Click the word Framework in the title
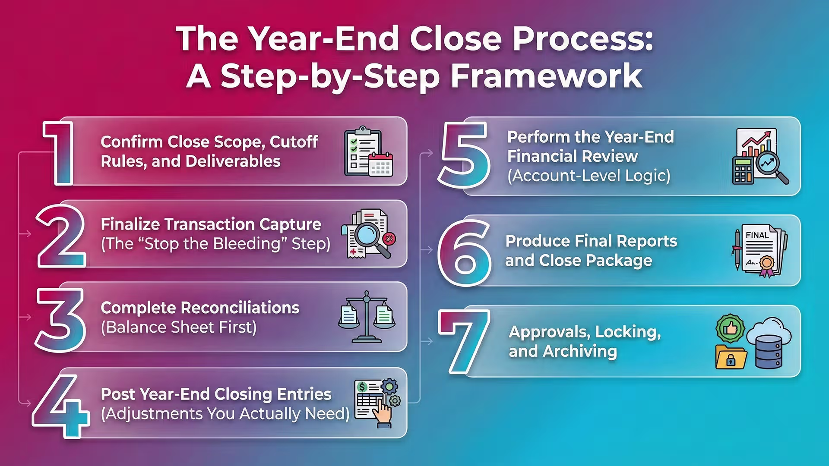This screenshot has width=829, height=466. pyautogui.click(x=546, y=76)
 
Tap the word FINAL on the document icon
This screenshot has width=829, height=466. pyautogui.click(x=757, y=235)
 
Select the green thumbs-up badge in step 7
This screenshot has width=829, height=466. pyautogui.click(x=730, y=328)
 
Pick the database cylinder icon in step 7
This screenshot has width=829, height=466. pyautogui.click(x=769, y=352)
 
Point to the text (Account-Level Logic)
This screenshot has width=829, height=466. pyautogui.click(x=589, y=176)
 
